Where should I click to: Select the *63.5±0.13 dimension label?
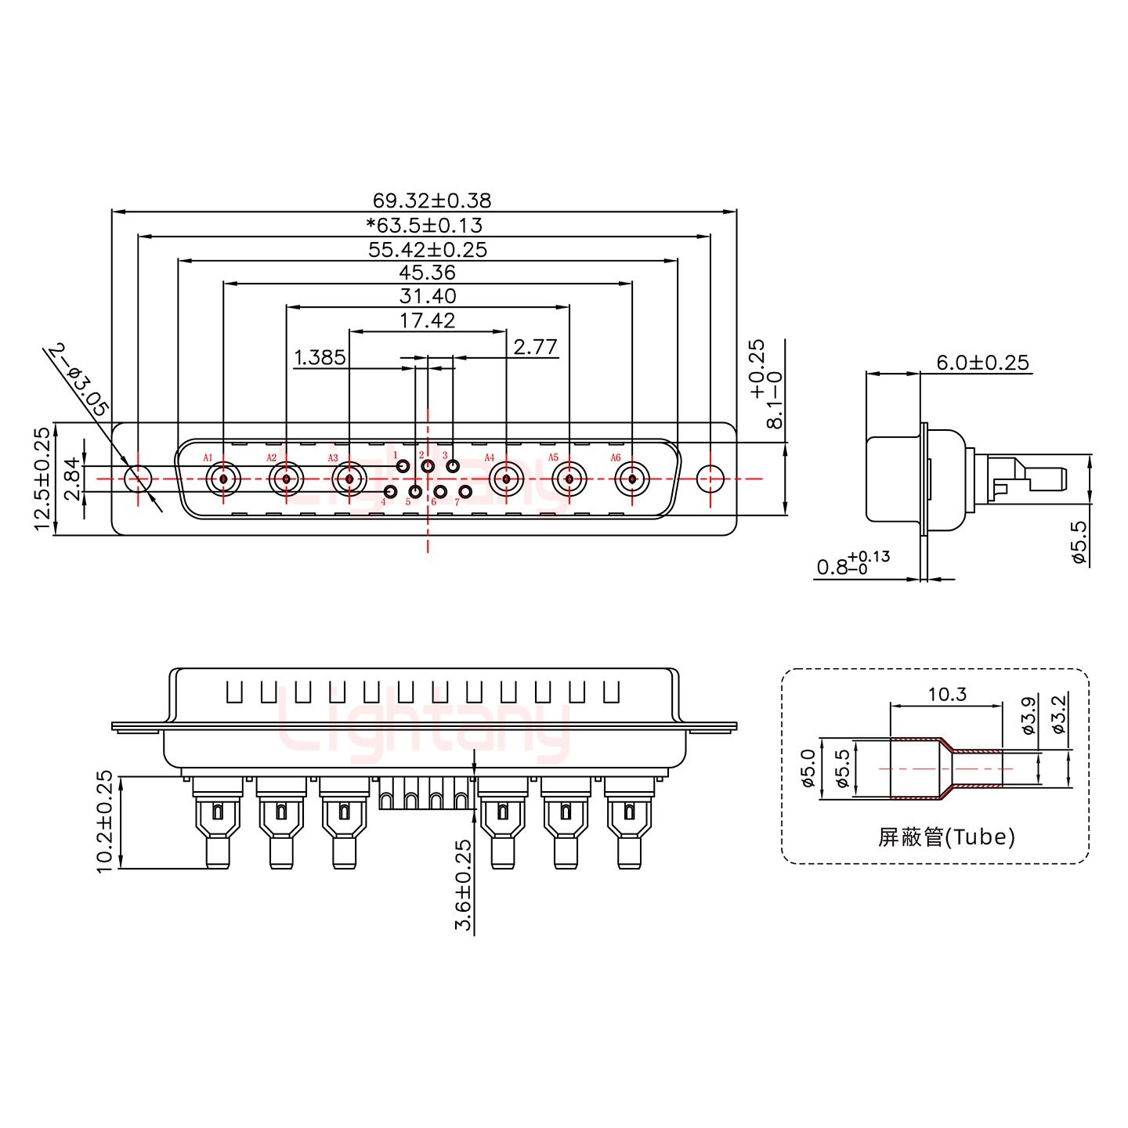[425, 226]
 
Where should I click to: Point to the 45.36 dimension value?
[427, 273]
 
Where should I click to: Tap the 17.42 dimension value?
[427, 320]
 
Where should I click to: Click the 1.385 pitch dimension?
[320, 358]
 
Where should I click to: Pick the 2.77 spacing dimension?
[535, 347]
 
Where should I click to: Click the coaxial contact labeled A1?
[223, 478]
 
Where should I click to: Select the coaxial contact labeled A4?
[507, 478]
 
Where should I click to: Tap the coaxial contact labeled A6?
[631, 478]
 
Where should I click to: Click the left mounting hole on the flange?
[139, 478]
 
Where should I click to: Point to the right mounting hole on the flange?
[710, 478]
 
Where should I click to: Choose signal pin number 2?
[428, 467]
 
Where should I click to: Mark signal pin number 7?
[465, 492]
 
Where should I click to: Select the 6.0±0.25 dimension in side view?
[982, 363]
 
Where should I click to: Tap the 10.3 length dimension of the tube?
[947, 694]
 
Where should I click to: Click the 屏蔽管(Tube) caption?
[946, 837]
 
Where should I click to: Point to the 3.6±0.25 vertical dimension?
[464, 885]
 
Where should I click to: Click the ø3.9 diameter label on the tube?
[1030, 714]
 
